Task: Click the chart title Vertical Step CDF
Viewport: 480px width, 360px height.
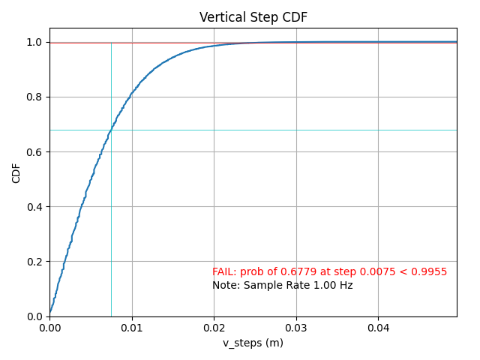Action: coord(253,17)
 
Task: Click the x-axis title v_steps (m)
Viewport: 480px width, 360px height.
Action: coord(253,343)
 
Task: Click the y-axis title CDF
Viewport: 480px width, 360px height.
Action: coord(16,173)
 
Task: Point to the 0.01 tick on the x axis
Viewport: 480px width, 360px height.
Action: coord(132,328)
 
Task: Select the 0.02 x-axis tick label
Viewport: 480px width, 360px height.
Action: coord(214,328)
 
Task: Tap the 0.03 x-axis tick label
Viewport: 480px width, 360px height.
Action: coord(296,328)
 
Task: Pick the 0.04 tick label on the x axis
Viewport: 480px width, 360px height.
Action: coord(378,328)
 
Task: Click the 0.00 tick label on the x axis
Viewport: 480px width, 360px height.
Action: coord(49,328)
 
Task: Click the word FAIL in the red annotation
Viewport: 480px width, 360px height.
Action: coord(223,271)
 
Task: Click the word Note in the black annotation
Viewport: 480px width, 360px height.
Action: coord(224,285)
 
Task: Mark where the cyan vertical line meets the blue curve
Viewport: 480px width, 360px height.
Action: coord(111,130)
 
